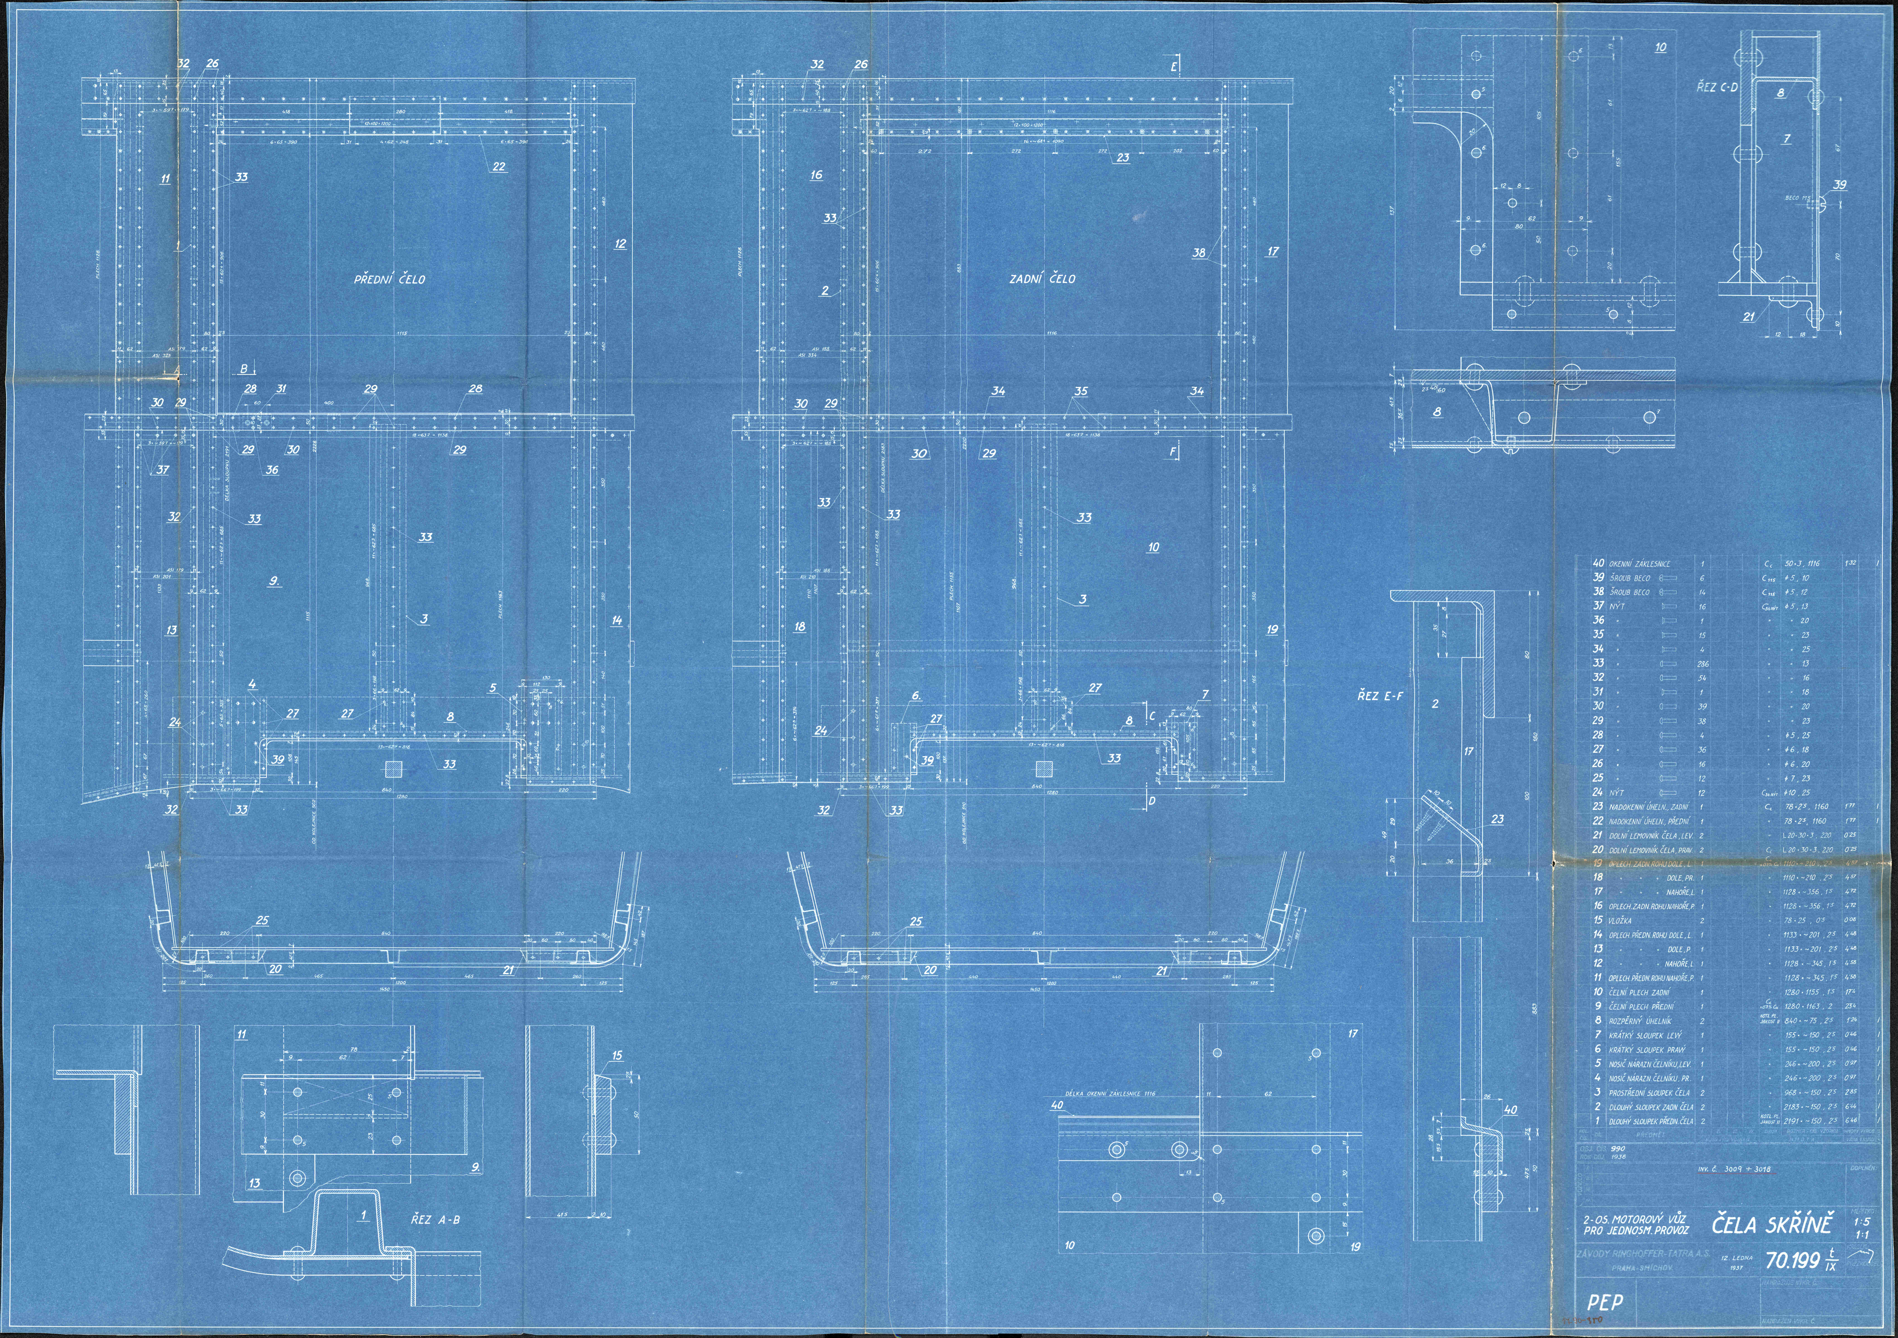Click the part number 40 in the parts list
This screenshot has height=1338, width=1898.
point(1598,563)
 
